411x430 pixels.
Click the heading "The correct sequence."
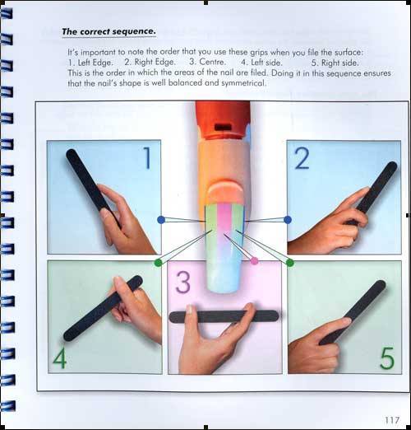click(x=109, y=31)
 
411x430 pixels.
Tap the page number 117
click(x=392, y=420)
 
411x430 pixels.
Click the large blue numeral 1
click(x=148, y=158)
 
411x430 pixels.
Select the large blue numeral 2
click(x=302, y=158)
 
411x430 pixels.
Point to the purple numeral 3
click(x=182, y=282)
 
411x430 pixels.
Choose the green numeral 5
click(x=387, y=358)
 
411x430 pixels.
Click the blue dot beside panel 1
click(x=161, y=220)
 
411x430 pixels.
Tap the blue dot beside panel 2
click(x=288, y=220)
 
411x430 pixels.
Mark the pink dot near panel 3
click(x=254, y=261)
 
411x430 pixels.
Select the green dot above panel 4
click(x=159, y=263)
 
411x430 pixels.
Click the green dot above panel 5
click(x=290, y=263)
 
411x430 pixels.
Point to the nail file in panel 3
click(x=224, y=316)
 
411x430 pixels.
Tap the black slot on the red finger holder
click(x=222, y=127)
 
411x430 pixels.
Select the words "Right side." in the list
click(x=339, y=63)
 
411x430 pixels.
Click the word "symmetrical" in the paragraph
click(x=243, y=83)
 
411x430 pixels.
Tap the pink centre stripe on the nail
click(x=224, y=220)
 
